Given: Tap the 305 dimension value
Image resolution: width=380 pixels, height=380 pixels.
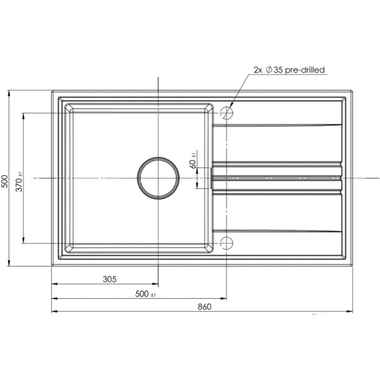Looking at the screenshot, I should click(109, 279).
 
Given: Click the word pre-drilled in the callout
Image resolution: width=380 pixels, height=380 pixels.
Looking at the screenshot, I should click(307, 71).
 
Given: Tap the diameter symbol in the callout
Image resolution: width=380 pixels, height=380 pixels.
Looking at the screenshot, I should click(269, 71).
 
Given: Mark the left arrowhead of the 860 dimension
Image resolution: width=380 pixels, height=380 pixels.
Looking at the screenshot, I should click(54, 312).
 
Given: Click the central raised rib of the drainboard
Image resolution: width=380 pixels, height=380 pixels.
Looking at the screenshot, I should click(277, 178).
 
